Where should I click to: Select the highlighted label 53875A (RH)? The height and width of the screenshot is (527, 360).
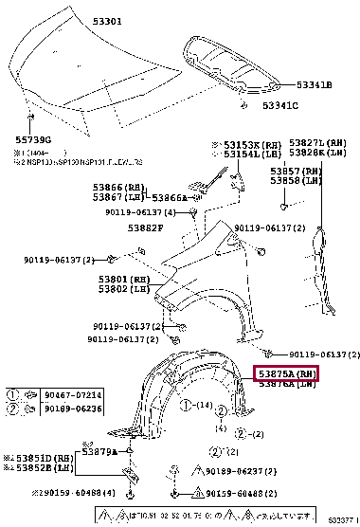[x=286, y=374]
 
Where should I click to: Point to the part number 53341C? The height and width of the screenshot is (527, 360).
[x=280, y=105]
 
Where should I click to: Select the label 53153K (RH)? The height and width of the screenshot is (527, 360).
[x=245, y=145]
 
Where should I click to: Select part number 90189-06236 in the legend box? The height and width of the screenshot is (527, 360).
[x=59, y=408]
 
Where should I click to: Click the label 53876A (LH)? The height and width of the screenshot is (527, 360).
[x=286, y=385]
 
